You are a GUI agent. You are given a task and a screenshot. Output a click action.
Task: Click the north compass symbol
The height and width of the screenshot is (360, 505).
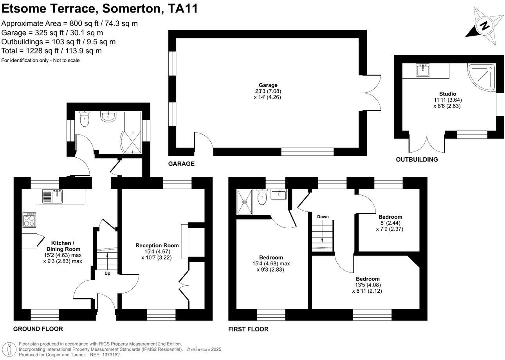coord(485,26)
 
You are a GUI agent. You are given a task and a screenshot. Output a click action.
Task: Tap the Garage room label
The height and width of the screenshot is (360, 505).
coord(268,85)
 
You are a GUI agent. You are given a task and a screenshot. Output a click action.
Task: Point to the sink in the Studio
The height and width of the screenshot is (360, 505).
coord(423,70)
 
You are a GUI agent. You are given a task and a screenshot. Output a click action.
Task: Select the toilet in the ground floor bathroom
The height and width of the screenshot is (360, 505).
coord(85,119)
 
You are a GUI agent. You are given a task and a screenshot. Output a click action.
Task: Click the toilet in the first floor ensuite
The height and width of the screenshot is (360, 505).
coord(262,198)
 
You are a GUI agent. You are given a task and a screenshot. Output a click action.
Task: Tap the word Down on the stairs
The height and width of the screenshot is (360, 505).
coord(323,217)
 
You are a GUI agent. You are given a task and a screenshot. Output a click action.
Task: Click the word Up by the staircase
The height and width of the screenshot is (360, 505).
coord(107,273)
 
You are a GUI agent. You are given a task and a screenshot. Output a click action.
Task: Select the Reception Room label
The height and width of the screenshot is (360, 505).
coord(157,245)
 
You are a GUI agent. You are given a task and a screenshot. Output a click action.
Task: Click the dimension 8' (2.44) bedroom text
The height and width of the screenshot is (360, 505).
coord(390,223)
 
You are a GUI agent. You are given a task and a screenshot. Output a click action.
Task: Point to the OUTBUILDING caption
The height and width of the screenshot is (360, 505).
coord(417,160)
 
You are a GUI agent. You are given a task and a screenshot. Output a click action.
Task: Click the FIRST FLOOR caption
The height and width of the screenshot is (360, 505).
coord(248,329)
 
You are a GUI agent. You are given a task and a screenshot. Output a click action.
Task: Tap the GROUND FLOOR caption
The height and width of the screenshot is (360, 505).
coord(38,329)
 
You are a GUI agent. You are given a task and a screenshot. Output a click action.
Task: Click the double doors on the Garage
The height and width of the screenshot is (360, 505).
coord(375,92)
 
